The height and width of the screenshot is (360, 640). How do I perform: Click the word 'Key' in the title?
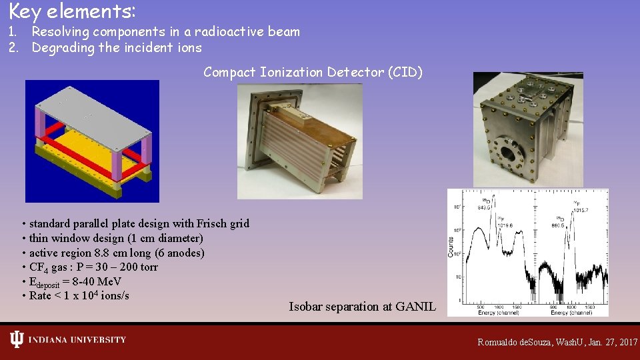pyautogui.click(x=24, y=11)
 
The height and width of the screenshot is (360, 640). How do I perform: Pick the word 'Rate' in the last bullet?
pyautogui.click(x=42, y=295)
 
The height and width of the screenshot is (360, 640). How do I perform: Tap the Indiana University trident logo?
pyautogui.click(x=17, y=340)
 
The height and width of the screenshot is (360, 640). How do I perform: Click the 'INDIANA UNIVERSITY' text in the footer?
pyautogui.click(x=77, y=340)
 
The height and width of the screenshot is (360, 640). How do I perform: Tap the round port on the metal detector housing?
pyautogui.click(x=509, y=152)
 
